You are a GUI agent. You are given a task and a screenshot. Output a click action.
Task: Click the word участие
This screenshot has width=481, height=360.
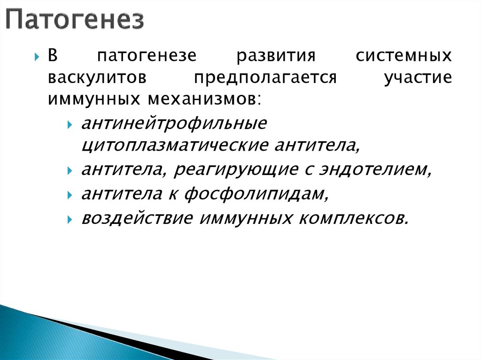(x=418, y=78)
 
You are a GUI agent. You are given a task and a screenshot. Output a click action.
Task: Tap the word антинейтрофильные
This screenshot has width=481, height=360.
(x=174, y=124)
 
